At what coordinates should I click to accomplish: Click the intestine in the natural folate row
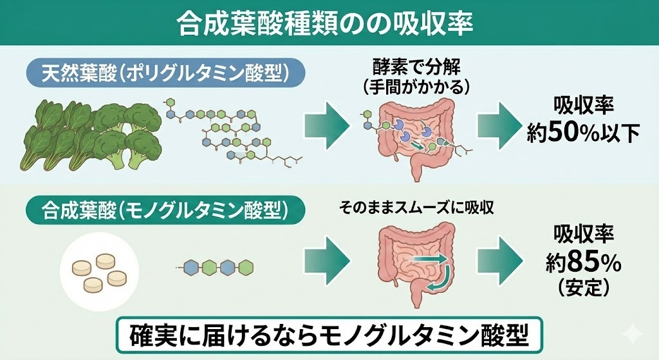(417, 132)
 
